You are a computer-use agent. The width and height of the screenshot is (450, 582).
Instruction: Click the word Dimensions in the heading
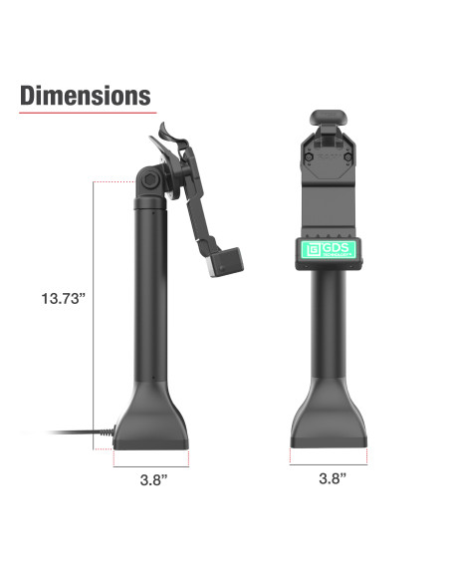(x=86, y=96)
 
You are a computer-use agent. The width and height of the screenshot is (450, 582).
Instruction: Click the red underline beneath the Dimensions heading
(x=86, y=113)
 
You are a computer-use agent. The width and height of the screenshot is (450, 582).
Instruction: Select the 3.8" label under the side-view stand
(x=151, y=478)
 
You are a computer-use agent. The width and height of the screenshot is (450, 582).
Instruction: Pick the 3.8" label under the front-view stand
(x=332, y=478)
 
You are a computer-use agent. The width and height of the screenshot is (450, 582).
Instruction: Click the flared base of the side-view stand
(x=151, y=424)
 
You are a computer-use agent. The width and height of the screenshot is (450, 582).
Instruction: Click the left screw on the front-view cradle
(x=312, y=155)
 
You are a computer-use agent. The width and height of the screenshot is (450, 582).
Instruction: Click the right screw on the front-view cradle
(x=347, y=155)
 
